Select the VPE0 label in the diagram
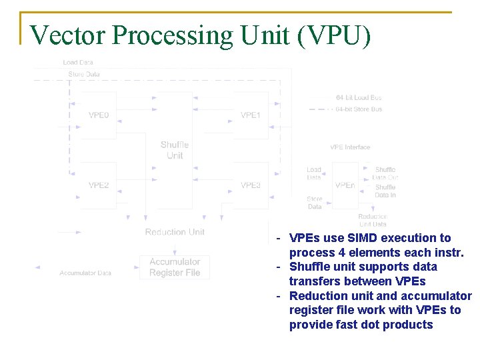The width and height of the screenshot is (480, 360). tap(99, 115)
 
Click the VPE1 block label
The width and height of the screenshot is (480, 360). tap(251, 115)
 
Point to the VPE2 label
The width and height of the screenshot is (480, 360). tap(99, 185)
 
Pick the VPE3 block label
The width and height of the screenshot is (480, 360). tap(251, 185)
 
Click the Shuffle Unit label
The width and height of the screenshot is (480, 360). tap(175, 150)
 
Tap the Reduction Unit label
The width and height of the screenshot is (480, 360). tap(175, 232)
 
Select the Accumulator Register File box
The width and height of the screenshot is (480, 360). tap(175, 267)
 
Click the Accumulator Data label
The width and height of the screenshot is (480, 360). tap(85, 273)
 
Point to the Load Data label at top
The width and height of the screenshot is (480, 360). tap(78, 63)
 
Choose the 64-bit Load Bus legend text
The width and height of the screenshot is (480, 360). tap(359, 97)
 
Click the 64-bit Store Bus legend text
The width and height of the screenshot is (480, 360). tap(359, 109)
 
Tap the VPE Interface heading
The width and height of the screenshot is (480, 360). tap(350, 147)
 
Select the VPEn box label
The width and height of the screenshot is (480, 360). tap(345, 185)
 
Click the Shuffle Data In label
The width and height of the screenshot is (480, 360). tap(385, 191)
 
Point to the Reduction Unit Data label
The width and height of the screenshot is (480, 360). tap(372, 220)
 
